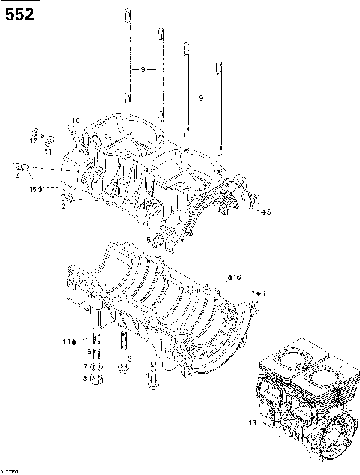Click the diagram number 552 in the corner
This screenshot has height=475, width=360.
[x=19, y=14]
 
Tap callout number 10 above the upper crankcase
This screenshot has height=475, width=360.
[x=75, y=120]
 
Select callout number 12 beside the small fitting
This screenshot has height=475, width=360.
[x=34, y=140]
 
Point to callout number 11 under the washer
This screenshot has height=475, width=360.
[x=47, y=152]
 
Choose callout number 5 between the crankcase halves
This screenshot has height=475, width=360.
[x=149, y=240]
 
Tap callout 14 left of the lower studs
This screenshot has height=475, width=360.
[x=68, y=342]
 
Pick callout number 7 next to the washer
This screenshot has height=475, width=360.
[x=86, y=365]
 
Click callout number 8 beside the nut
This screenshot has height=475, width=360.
[x=85, y=378]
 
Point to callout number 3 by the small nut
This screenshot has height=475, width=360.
[x=129, y=359]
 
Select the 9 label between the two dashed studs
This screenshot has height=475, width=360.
[x=142, y=69]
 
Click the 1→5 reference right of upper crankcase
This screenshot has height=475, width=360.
[x=263, y=214]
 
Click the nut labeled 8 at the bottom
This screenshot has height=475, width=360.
[x=96, y=379]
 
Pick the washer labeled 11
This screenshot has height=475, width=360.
[x=49, y=142]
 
